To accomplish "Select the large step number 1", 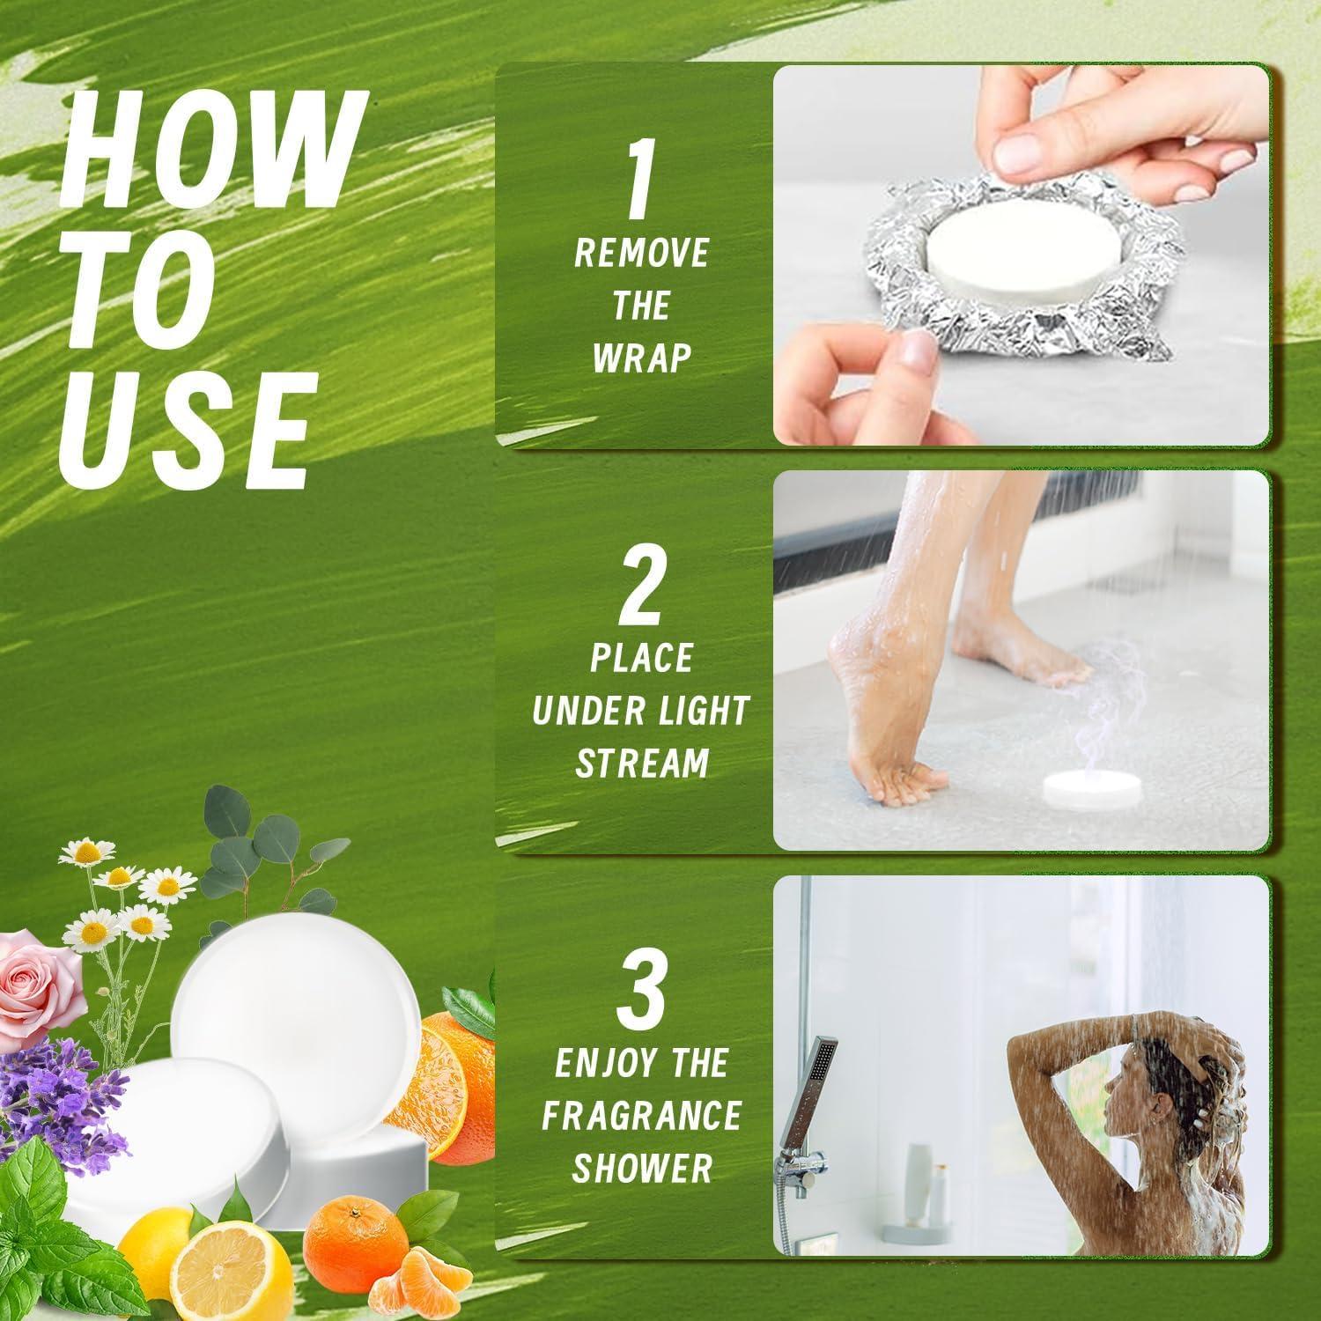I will [641, 185].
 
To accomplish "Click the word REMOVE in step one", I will [641, 255].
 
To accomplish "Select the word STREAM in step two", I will [641, 763].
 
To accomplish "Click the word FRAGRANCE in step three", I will [641, 1116].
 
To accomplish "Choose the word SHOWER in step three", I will [641, 1168].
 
